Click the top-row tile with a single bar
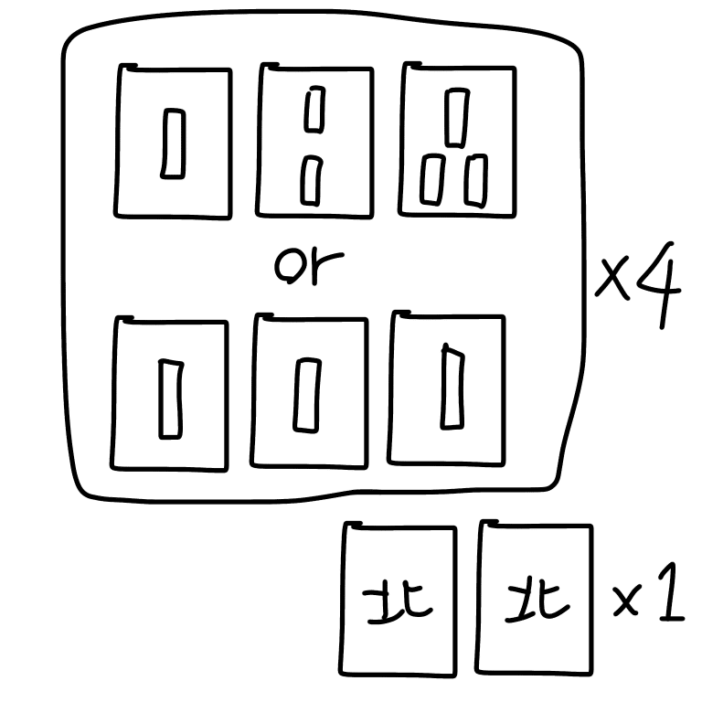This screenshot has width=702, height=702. (x=173, y=142)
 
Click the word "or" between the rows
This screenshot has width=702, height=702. (x=308, y=266)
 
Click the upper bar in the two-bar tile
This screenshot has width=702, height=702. (x=315, y=109)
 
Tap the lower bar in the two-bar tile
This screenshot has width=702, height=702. (x=312, y=180)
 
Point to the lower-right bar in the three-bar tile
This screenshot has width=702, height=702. (x=474, y=180)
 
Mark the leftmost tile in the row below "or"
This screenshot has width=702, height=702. (x=169, y=393)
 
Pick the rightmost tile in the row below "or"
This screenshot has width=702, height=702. (x=447, y=388)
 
